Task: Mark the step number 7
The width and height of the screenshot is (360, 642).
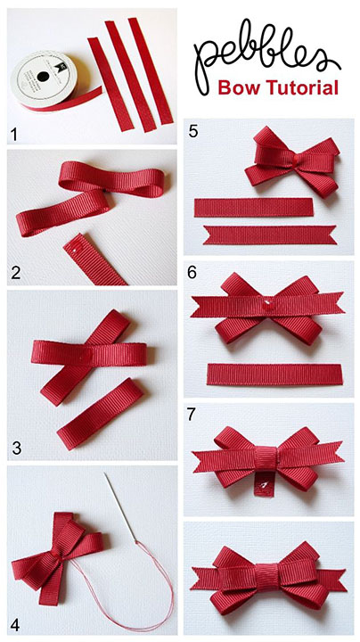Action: pyautogui.click(x=193, y=416)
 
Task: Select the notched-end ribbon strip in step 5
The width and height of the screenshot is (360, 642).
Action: pyautogui.click(x=273, y=234)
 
